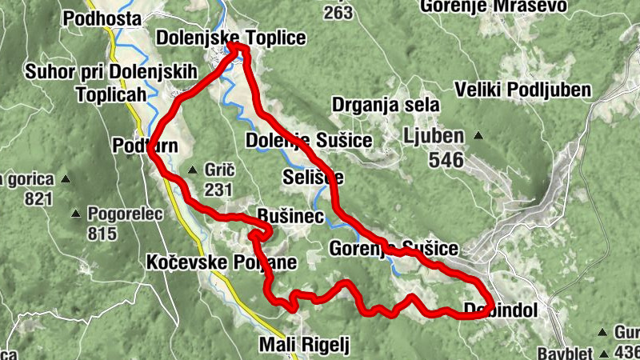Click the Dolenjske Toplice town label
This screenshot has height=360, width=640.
point(220,38)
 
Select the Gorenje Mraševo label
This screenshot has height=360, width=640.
point(495,6)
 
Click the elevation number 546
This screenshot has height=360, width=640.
point(446,160)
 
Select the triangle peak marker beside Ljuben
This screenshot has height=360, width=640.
point(478,135)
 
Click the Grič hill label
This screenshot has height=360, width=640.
point(218,170)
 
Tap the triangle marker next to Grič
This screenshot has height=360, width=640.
point(192,170)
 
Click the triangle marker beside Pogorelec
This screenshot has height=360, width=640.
point(76,214)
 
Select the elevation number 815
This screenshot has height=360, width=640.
point(103,234)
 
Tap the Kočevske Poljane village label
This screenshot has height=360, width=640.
point(222,262)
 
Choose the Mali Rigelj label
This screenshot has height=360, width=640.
point(305,345)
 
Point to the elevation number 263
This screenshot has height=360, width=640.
point(339,13)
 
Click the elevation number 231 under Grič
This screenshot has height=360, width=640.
point(217,190)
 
